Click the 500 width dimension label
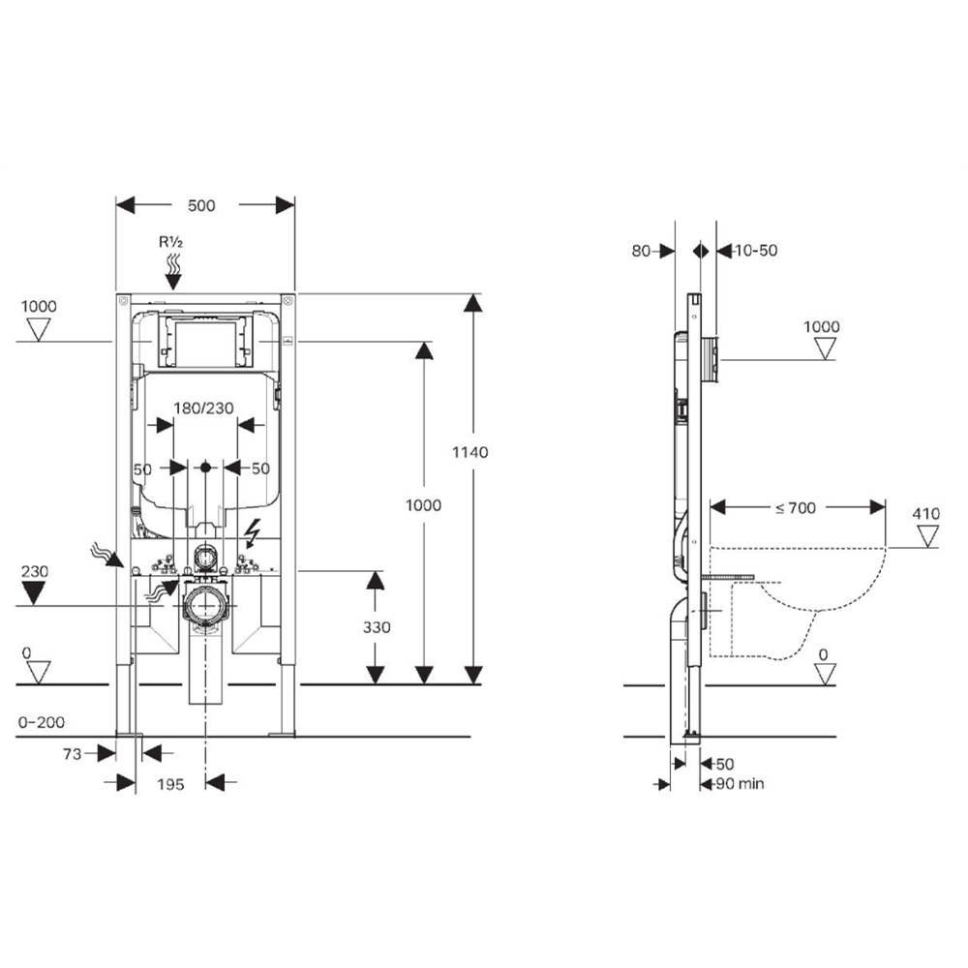pyautogui.click(x=201, y=205)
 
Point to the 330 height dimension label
pyautogui.click(x=377, y=627)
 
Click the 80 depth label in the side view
pyautogui.click(x=640, y=251)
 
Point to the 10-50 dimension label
pyautogui.click(x=756, y=251)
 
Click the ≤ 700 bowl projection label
pyautogui.click(x=796, y=506)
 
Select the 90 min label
pyautogui.click(x=740, y=783)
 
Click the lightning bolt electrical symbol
pyautogui.click(x=255, y=531)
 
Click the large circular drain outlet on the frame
pyautogui.click(x=205, y=607)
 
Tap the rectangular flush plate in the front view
pyautogui.click(x=204, y=340)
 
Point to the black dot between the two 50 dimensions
pyautogui.click(x=205, y=468)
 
